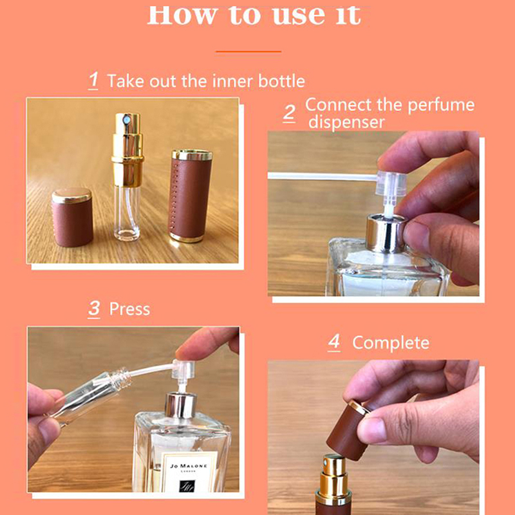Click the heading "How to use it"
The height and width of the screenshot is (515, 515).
(254, 15)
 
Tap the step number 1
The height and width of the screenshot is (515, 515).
(93, 80)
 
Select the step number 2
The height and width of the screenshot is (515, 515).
(289, 114)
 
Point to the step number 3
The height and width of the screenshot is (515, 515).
(94, 309)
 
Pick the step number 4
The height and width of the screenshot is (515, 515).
(334, 342)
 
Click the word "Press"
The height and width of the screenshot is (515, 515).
(129, 310)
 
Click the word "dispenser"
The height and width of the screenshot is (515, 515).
(346, 122)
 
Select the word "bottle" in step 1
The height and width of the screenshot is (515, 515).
(281, 81)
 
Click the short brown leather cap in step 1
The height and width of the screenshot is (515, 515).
(72, 218)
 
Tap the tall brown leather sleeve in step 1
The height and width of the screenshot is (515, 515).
(191, 196)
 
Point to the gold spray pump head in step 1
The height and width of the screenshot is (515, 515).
(127, 149)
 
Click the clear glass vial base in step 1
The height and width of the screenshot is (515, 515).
(127, 214)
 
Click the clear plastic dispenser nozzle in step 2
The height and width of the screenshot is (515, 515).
(391, 185)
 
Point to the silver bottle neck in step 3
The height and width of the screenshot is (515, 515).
(180, 405)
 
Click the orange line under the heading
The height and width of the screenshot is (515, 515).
(248, 51)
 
